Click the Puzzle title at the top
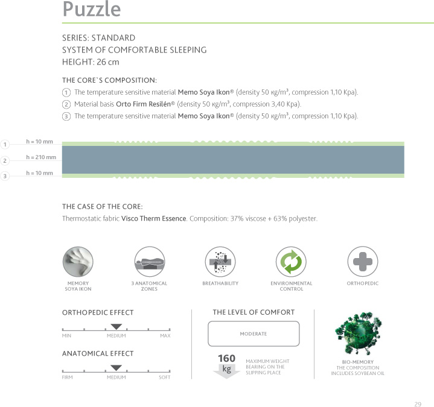click(92, 10)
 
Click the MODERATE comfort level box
click(254, 333)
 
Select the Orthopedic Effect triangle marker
click(116, 326)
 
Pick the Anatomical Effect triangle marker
click(116, 367)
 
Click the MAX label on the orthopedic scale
click(165, 336)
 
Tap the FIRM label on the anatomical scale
click(68, 377)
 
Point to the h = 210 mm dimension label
click(41, 157)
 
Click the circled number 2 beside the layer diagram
click(5, 161)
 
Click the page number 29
click(418, 388)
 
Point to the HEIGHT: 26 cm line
click(91, 62)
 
